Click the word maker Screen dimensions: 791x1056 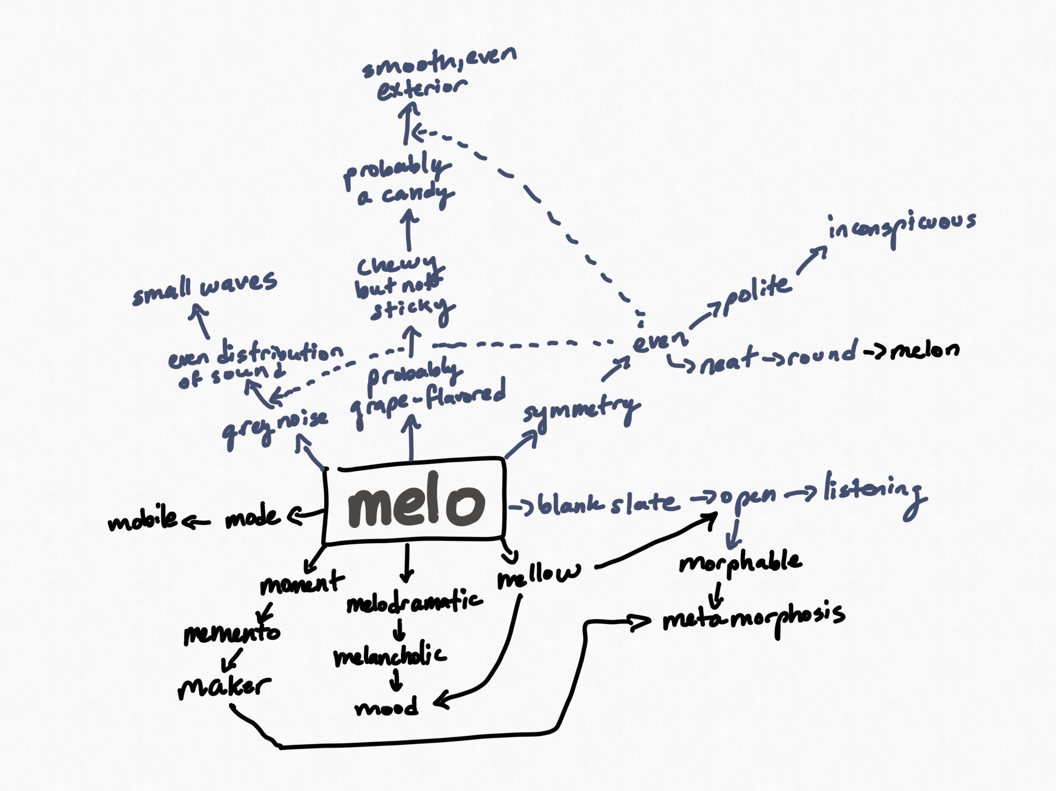point(223,687)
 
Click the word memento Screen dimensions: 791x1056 point(232,633)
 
